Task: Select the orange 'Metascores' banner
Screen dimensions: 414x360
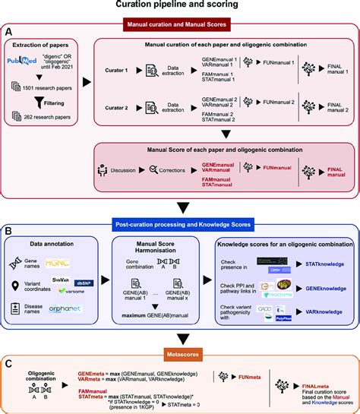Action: point(180,352)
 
